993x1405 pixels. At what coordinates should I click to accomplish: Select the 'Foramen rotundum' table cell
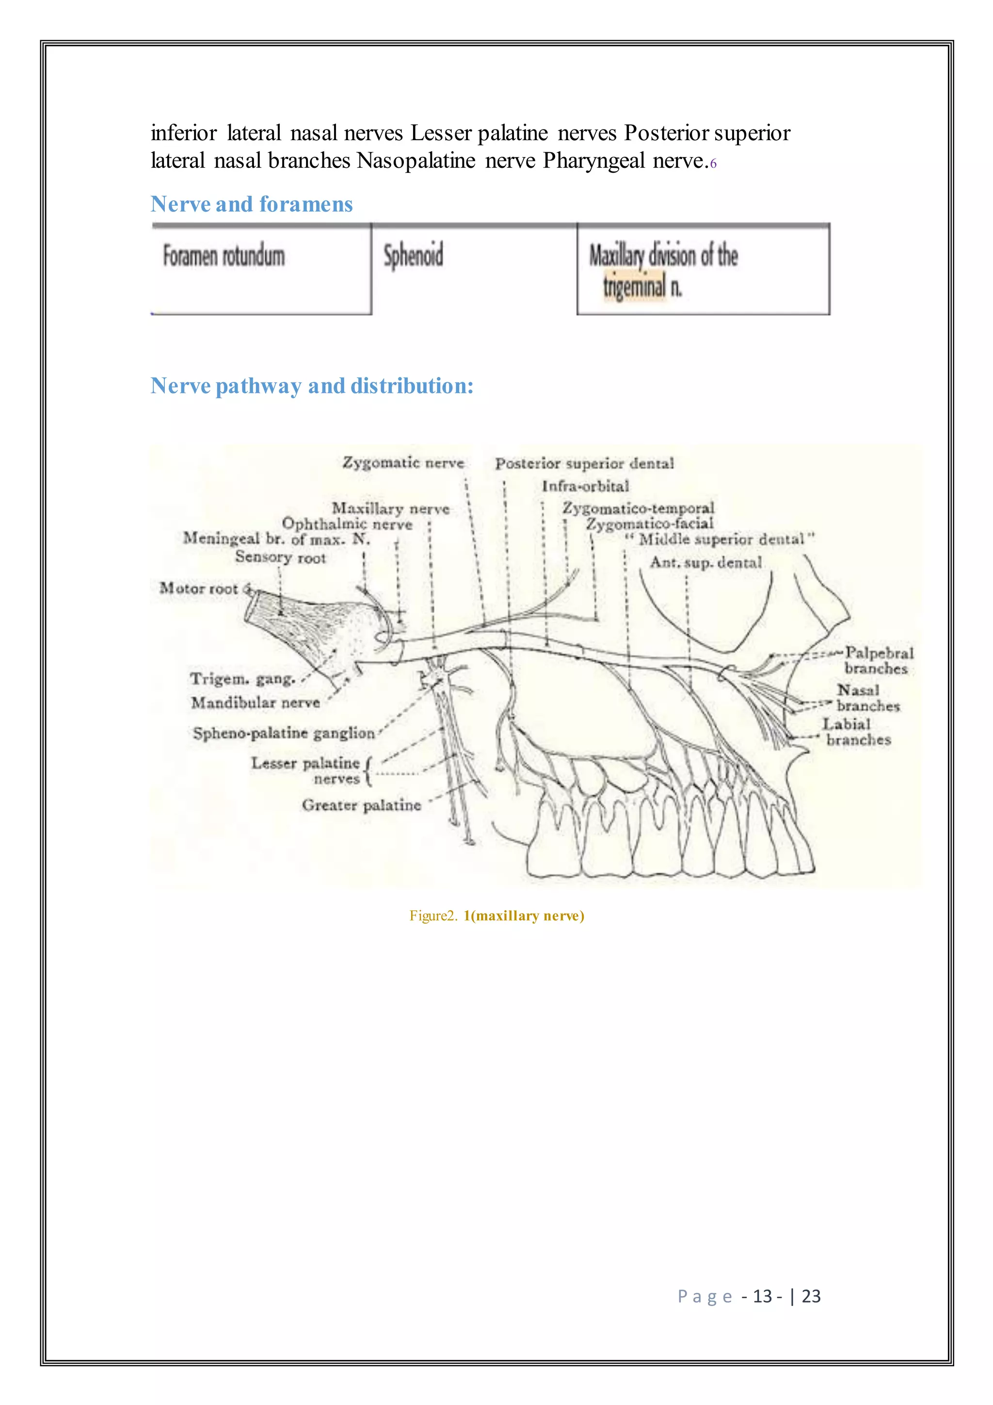(x=224, y=256)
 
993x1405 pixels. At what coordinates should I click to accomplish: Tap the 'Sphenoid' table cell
(x=413, y=256)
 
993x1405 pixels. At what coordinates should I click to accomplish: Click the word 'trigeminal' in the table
(x=634, y=286)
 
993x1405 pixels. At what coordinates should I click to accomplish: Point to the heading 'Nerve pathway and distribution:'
(x=312, y=386)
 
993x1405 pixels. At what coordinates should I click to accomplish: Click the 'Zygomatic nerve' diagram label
(x=403, y=463)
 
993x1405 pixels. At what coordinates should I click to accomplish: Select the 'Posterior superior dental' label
(x=585, y=463)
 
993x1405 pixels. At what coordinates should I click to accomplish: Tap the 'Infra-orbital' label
(x=585, y=486)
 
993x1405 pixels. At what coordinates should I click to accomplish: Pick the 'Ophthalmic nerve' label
(x=347, y=524)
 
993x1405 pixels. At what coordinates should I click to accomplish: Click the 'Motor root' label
(x=198, y=588)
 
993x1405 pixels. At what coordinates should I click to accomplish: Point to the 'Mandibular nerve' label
(x=256, y=702)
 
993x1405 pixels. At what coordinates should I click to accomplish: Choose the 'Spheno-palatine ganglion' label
(x=284, y=733)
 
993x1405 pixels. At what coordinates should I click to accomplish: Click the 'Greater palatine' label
(x=361, y=805)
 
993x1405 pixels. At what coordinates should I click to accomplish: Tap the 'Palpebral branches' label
(x=878, y=661)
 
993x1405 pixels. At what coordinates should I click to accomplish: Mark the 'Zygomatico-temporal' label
(x=639, y=508)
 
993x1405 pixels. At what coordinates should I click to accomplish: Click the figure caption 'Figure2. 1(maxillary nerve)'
(x=496, y=915)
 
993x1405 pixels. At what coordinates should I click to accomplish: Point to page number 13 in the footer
(x=762, y=1296)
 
